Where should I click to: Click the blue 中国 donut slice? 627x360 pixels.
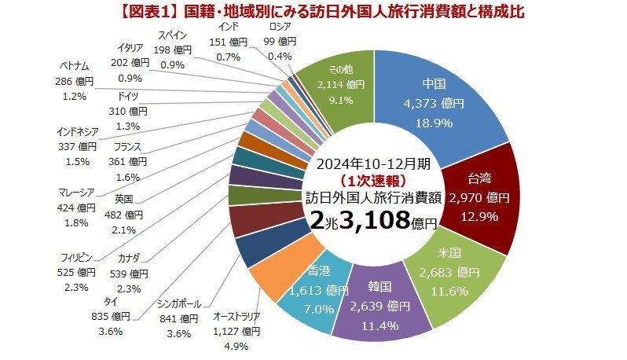tap(456, 102)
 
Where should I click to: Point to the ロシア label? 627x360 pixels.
tap(280, 28)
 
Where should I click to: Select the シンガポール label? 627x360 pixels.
tap(179, 304)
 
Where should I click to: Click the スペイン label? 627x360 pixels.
tap(173, 35)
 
